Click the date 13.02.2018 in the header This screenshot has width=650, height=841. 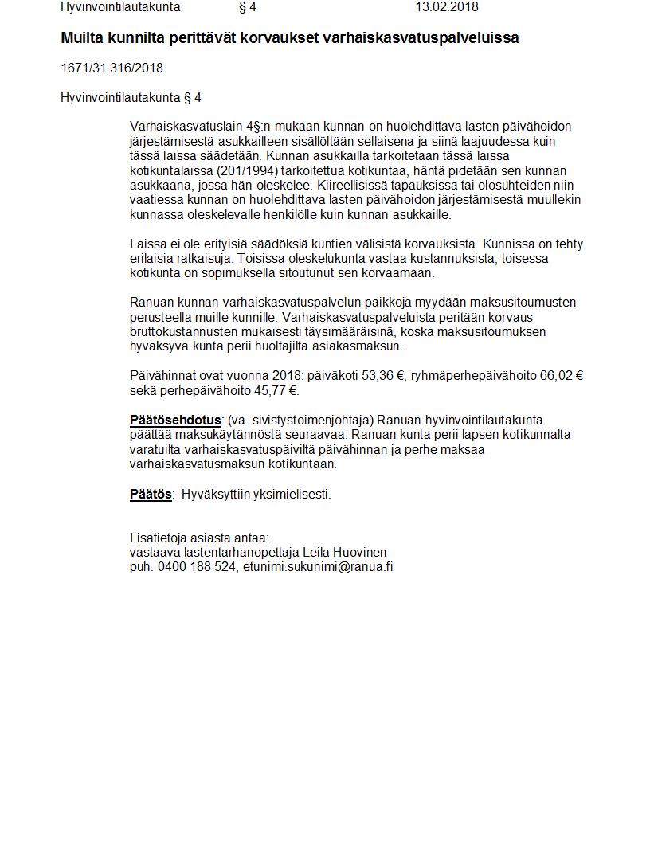coord(447,7)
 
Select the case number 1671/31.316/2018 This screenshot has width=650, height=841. coord(112,68)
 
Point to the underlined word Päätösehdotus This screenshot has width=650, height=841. coord(175,420)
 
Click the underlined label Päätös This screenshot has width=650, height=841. coord(151,495)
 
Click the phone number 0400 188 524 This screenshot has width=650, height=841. coord(197,567)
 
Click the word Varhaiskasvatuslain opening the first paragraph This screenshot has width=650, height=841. coord(182,127)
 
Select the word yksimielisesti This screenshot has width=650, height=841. coord(291,495)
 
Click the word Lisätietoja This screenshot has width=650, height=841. coord(158,538)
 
